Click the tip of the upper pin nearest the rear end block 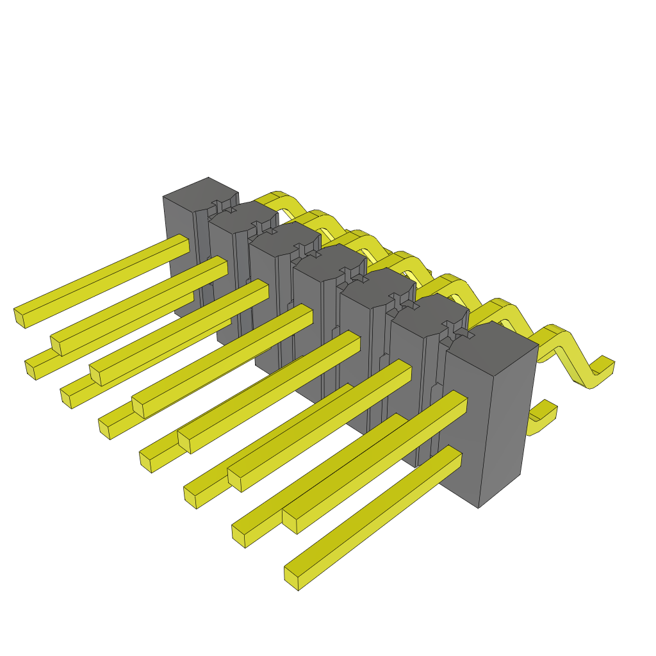20,316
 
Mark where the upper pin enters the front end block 458,400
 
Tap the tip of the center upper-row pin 138,407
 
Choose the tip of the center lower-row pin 145,461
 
